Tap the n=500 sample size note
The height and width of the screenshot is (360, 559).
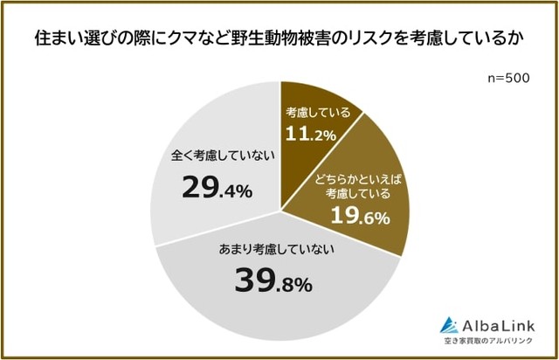point(509,79)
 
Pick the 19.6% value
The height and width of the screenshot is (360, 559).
point(358,219)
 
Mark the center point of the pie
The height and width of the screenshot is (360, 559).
point(280,208)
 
